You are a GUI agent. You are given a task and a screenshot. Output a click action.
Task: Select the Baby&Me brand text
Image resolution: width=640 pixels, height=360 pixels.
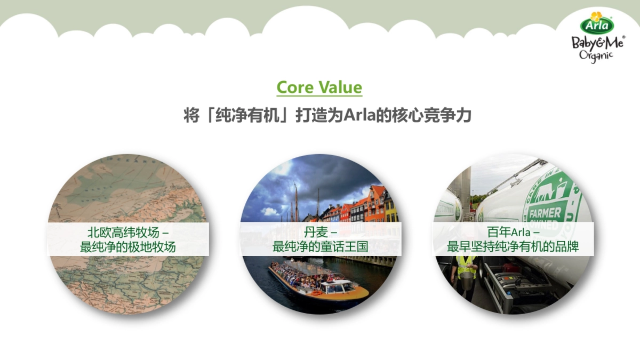598,42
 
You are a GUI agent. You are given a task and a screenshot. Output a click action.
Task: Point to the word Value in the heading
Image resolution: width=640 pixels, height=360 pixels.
340,87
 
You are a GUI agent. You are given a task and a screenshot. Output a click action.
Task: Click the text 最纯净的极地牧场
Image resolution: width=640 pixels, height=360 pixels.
128,247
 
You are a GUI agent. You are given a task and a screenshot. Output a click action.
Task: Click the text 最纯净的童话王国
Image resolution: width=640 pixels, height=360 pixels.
320,247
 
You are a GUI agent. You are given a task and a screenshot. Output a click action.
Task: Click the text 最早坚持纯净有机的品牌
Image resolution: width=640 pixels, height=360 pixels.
513,247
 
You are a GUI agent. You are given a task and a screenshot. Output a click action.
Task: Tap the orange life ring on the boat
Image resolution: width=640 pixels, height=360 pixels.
317,292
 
